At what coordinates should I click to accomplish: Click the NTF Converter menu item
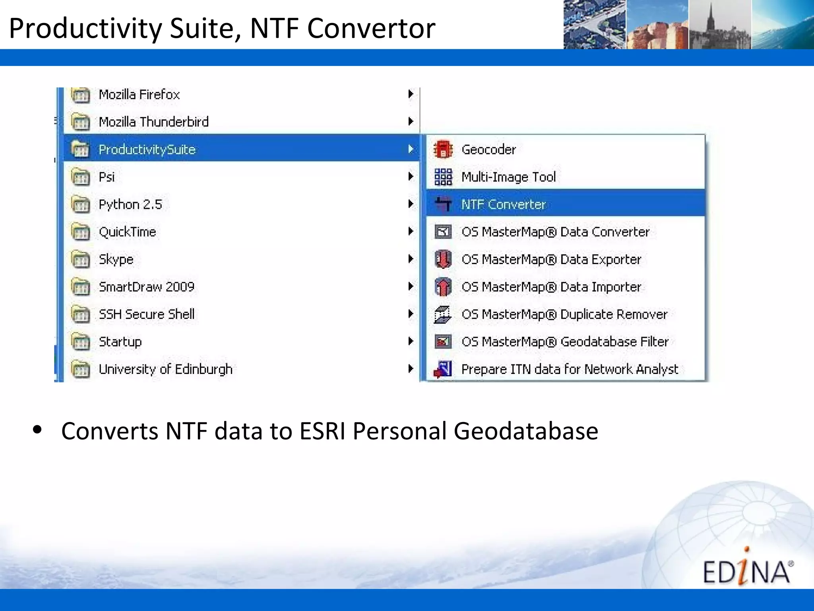(x=503, y=204)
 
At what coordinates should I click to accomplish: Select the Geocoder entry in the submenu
(x=488, y=150)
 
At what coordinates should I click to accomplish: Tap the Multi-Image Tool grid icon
(x=443, y=177)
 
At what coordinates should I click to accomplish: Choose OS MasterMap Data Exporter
(x=551, y=259)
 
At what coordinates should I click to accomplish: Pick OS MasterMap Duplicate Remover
(x=564, y=314)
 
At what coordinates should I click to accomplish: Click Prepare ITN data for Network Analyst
(x=569, y=369)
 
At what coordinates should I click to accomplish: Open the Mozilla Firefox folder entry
(x=139, y=95)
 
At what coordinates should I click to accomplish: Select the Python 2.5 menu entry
(x=130, y=204)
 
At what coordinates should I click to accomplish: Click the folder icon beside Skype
(x=81, y=259)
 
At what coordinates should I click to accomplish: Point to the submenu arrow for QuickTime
(x=411, y=232)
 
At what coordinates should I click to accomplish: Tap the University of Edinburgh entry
(x=165, y=369)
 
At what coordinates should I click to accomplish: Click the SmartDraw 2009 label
(x=146, y=287)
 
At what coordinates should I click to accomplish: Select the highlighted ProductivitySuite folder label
(x=147, y=150)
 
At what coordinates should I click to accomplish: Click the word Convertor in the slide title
(x=371, y=28)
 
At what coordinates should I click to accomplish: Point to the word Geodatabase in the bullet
(x=525, y=431)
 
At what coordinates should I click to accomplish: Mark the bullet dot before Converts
(x=38, y=430)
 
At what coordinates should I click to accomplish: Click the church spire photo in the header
(x=720, y=25)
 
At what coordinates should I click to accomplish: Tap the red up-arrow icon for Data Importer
(x=443, y=287)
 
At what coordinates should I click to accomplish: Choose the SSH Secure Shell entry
(x=146, y=314)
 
